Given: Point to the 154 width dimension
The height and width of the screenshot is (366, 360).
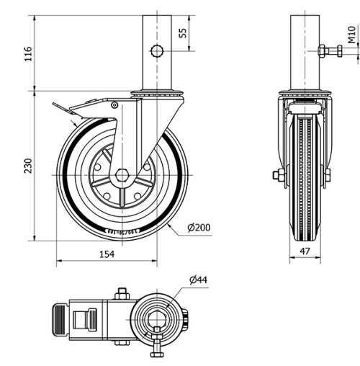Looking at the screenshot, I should click(x=106, y=254).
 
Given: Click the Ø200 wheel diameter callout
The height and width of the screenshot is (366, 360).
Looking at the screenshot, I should click(x=199, y=228).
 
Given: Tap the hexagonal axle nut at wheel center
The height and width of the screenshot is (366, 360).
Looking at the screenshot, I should click(x=121, y=176).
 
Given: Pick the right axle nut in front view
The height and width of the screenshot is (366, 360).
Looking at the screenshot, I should click(x=328, y=175).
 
